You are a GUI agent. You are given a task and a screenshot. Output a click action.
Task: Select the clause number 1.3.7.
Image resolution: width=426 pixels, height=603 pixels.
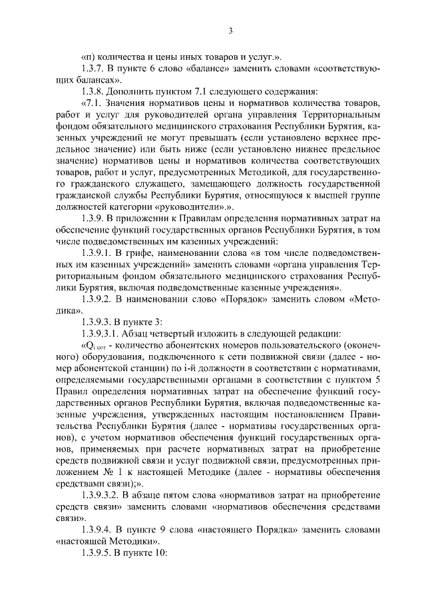[92, 68]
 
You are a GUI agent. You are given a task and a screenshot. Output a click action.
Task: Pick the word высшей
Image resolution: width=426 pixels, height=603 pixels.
[321, 195]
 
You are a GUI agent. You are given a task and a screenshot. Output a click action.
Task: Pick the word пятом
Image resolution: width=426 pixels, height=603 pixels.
[184, 494]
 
